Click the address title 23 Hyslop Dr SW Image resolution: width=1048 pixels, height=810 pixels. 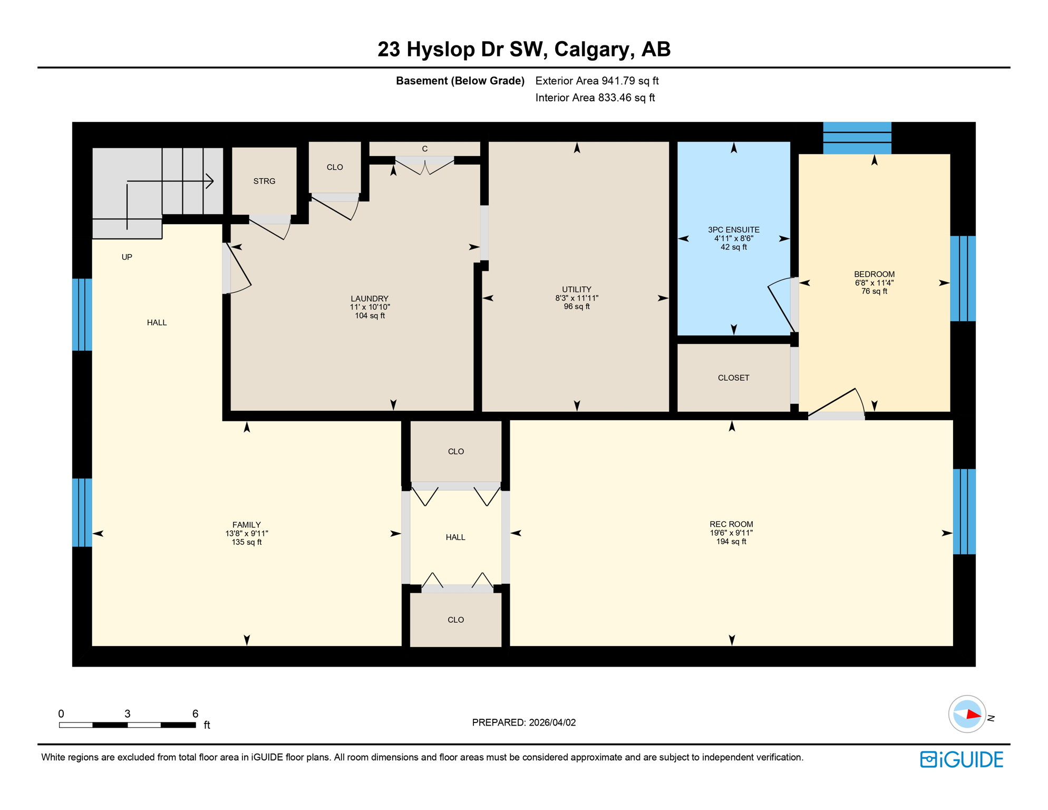click(523, 49)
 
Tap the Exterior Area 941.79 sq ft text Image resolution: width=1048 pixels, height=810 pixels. click(597, 81)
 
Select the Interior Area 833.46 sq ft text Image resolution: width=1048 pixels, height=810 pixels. click(595, 98)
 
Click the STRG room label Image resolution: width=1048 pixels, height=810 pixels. click(264, 181)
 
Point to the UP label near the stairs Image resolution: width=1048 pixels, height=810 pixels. click(127, 257)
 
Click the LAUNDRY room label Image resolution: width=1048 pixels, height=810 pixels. click(370, 298)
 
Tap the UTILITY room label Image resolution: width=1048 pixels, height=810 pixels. click(576, 290)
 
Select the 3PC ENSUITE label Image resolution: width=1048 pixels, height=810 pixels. click(733, 230)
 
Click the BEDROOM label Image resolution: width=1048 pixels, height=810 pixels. click(874, 274)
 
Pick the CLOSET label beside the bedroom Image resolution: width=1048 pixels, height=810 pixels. click(733, 378)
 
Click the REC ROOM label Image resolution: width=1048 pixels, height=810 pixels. click(731, 524)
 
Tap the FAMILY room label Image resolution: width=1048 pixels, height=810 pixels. click(246, 525)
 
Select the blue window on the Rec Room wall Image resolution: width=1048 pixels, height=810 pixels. click(964, 511)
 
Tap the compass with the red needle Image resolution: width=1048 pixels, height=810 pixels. click(967, 715)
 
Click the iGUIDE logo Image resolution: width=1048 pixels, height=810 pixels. click(962, 759)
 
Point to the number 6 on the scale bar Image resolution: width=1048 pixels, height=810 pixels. click(195, 713)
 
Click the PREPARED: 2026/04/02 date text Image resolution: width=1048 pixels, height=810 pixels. click(523, 722)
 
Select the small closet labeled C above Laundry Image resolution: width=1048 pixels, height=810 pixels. click(424, 149)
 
